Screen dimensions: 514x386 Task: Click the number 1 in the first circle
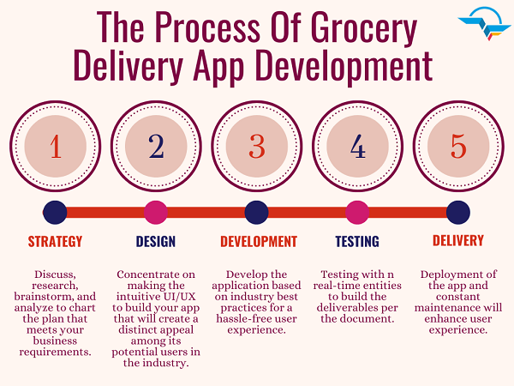tap(56, 147)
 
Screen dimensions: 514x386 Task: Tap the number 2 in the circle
tap(156, 147)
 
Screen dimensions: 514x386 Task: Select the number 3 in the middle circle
tap(257, 147)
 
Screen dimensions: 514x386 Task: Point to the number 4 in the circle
tap(357, 147)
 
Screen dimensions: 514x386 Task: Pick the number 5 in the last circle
tap(458, 147)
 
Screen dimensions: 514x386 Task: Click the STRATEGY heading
tap(55, 242)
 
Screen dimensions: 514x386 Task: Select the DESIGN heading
tap(156, 242)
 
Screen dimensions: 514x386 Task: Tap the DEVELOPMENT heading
tap(259, 242)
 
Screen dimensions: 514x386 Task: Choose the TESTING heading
tap(357, 242)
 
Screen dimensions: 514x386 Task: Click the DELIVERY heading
tap(458, 240)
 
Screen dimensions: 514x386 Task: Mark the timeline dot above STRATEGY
tap(55, 213)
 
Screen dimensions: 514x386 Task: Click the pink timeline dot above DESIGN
tap(156, 213)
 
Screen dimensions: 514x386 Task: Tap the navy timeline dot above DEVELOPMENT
tap(257, 213)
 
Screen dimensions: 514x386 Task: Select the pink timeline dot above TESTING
tap(357, 213)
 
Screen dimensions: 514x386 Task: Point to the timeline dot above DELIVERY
tap(458, 213)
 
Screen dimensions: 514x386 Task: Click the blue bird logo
tap(485, 24)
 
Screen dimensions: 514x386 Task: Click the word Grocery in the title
tap(363, 29)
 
